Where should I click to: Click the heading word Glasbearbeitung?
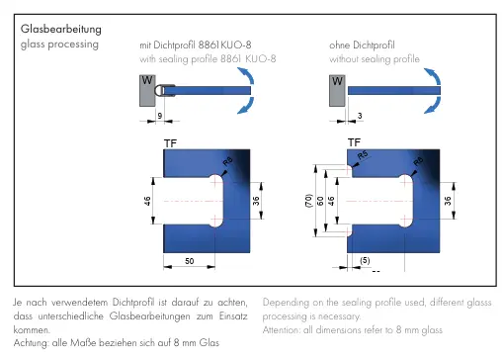(x=61, y=30)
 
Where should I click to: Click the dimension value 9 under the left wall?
(x=160, y=116)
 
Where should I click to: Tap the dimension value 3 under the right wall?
(x=360, y=116)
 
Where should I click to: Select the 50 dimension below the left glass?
(x=190, y=261)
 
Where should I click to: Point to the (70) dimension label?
(x=308, y=201)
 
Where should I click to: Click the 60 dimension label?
(x=320, y=201)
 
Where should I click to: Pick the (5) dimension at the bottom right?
(x=365, y=260)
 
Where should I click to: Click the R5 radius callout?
(x=363, y=154)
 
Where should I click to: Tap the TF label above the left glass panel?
(x=170, y=143)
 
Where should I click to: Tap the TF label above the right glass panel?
(x=354, y=142)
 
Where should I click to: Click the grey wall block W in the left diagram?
(x=147, y=91)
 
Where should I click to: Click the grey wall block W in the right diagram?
(x=337, y=91)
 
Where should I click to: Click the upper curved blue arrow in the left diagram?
(x=246, y=75)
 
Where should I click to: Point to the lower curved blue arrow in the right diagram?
(x=433, y=105)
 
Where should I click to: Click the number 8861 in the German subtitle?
(x=209, y=45)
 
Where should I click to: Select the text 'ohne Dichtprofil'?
(x=362, y=45)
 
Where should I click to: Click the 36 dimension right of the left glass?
(x=256, y=201)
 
